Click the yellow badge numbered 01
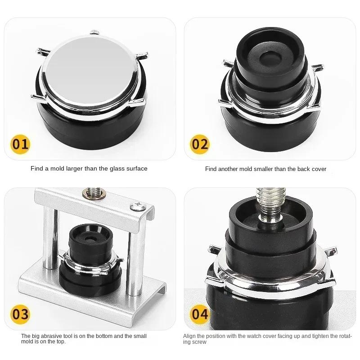click(x=20, y=144)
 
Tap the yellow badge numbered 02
click(x=200, y=144)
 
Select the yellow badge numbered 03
click(x=20, y=314)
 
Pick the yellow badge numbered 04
click(x=200, y=314)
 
